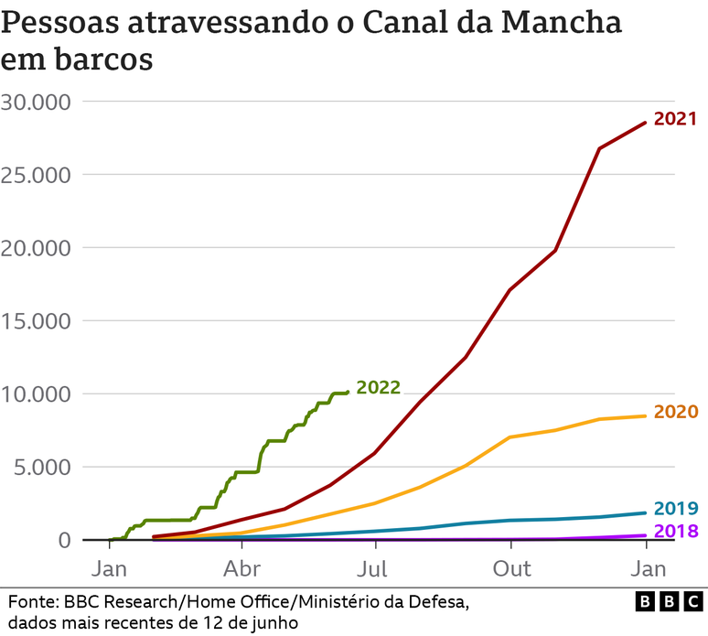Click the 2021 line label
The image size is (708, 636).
[x=675, y=119]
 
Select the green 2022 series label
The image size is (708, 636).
[x=378, y=387]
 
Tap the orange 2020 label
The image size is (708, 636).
[x=676, y=412]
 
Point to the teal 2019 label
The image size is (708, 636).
[x=676, y=509]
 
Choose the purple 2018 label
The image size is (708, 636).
[x=676, y=532]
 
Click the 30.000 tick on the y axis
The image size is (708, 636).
[x=37, y=102]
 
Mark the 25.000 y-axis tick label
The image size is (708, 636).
[x=37, y=175]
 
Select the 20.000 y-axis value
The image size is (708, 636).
[x=37, y=248]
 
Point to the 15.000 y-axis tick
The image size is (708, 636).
[x=37, y=321]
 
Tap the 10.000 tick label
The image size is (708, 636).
[x=37, y=394]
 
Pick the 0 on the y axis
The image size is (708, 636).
[x=64, y=541]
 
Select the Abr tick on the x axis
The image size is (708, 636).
[x=242, y=569]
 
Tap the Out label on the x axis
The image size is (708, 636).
[x=512, y=569]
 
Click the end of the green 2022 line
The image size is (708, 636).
[x=348, y=392]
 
